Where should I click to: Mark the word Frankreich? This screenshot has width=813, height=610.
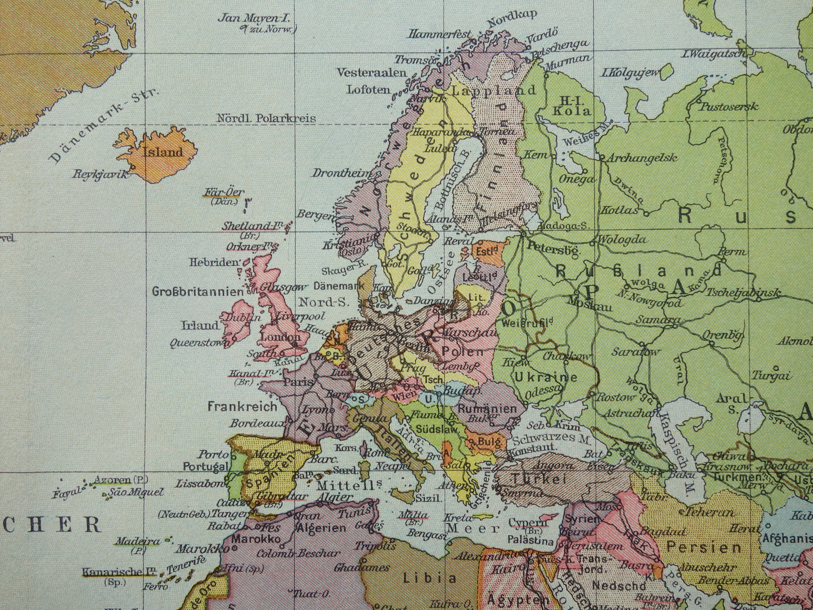(x=242, y=406)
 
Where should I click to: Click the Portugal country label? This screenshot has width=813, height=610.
(x=206, y=467)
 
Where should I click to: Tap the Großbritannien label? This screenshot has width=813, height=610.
(x=198, y=291)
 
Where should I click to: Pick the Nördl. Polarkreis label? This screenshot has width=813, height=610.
(x=266, y=119)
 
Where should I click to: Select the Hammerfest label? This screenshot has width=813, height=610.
(x=440, y=34)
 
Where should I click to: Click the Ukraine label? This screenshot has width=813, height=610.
(x=546, y=377)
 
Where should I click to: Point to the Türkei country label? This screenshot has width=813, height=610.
(x=538, y=479)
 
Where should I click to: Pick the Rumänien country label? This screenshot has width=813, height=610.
(x=487, y=409)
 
